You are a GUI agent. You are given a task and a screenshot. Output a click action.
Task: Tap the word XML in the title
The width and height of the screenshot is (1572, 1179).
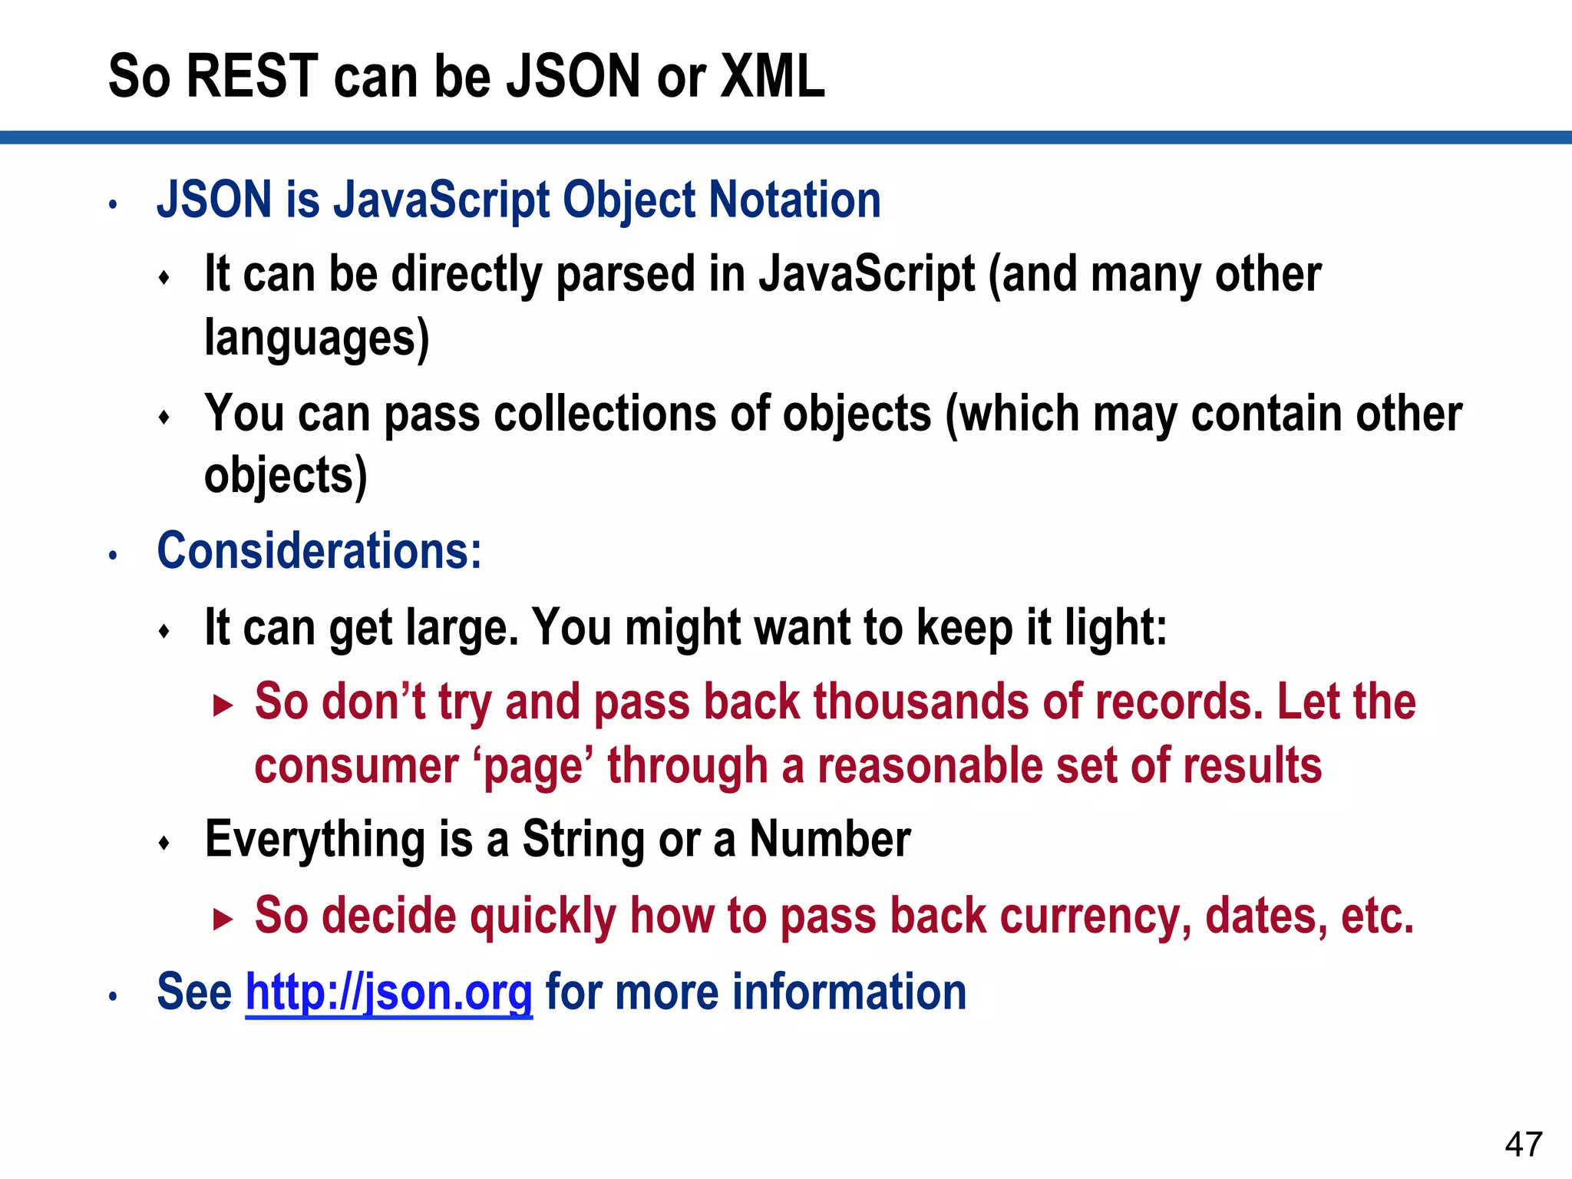point(772,77)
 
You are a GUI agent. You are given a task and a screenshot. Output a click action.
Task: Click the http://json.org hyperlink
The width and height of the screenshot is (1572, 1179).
point(388,992)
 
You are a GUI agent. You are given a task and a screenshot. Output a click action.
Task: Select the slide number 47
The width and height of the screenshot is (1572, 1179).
point(1524,1144)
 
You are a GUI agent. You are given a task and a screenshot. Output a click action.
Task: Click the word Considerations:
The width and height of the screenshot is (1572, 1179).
point(319,551)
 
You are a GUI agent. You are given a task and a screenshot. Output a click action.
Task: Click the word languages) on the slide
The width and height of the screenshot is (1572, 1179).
point(316,338)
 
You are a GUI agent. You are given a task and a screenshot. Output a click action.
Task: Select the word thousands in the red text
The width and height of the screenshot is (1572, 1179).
point(921,702)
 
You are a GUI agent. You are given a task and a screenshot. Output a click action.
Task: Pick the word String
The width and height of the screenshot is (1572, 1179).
point(583,840)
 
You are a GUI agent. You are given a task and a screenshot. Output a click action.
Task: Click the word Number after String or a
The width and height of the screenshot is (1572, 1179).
point(831,840)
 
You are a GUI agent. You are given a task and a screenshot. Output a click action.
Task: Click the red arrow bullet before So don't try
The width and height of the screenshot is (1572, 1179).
point(223,705)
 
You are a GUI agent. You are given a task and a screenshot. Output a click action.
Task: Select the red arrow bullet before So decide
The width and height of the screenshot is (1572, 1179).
point(223,919)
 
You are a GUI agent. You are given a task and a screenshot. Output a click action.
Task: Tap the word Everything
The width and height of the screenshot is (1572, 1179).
point(315,840)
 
